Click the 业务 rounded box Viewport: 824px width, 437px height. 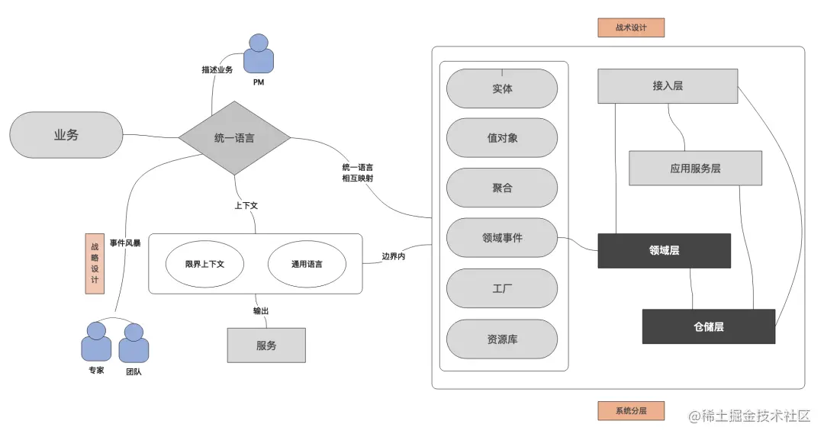tap(66, 136)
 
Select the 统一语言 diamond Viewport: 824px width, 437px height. tap(234, 139)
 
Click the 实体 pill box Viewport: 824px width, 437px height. tap(502, 88)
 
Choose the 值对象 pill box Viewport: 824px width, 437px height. tap(502, 138)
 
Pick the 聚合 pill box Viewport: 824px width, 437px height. tap(502, 188)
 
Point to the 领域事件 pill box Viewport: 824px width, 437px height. tap(502, 237)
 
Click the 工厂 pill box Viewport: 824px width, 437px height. tap(502, 289)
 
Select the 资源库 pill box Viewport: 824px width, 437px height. tap(502, 339)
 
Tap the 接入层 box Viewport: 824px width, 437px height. tap(668, 86)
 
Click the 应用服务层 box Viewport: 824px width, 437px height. tap(695, 169)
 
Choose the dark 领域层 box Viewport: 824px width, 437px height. tap(664, 251)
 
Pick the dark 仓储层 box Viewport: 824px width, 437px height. tap(708, 326)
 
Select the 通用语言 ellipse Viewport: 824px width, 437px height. tap(307, 264)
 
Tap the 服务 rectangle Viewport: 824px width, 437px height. tap(266, 345)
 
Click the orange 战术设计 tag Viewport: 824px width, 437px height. tap(631, 28)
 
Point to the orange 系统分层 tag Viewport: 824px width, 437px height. tap(631, 411)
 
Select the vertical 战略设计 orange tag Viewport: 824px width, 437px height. tap(94, 263)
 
